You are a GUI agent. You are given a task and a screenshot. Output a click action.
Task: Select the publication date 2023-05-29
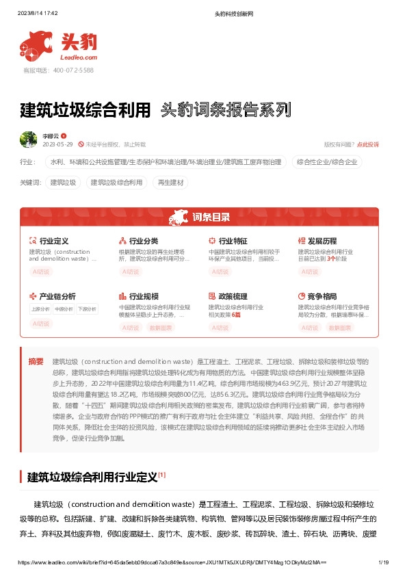(x=57, y=144)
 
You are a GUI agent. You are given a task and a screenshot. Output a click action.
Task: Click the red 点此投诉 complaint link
(x=367, y=144)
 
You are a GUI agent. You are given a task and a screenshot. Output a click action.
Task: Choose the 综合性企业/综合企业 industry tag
(x=327, y=162)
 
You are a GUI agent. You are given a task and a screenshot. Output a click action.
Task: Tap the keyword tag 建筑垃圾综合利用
(x=116, y=183)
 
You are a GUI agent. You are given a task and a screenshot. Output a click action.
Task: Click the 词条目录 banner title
(x=211, y=218)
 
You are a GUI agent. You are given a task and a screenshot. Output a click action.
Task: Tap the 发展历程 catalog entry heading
(x=322, y=241)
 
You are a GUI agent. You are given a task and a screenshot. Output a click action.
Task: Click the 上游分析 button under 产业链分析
(x=40, y=309)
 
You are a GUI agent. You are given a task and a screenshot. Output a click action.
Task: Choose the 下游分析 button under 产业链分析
(x=87, y=309)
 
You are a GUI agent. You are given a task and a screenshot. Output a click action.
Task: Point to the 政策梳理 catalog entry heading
(x=233, y=296)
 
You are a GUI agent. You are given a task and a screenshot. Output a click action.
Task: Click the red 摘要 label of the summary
(x=36, y=361)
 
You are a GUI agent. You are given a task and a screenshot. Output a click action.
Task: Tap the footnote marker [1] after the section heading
(x=161, y=474)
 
